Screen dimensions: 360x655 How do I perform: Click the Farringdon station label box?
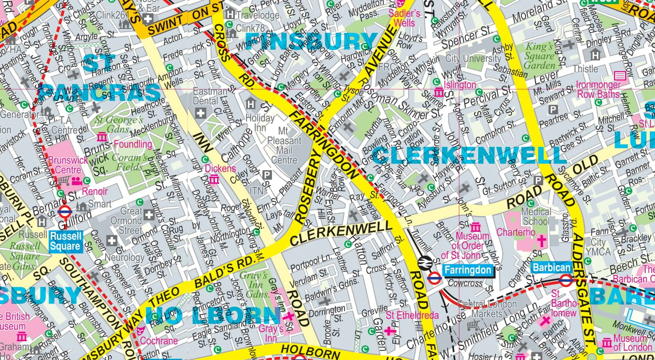pyautogui.click(x=467, y=271)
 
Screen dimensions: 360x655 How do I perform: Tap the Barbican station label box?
pyautogui.click(x=552, y=267)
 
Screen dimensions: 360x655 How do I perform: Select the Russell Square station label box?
pyautogui.click(x=65, y=241)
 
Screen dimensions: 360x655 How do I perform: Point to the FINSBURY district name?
pyautogui.click(x=311, y=41)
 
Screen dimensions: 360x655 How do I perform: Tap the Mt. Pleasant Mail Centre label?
pyautogui.click(x=284, y=145)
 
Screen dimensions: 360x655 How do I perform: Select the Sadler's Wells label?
pyautogui.click(x=404, y=18)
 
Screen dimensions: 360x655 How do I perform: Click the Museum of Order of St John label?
pyautogui.click(x=467, y=245)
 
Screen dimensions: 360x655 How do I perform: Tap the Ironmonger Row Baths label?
pyautogui.click(x=598, y=89)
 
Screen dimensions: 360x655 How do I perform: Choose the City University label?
pyautogui.click(x=473, y=58)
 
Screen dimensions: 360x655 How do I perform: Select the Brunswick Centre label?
pyautogui.click(x=68, y=165)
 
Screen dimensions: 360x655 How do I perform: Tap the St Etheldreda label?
pyautogui.click(x=412, y=315)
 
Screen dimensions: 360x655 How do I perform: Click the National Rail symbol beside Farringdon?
pyautogui.click(x=424, y=263)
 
